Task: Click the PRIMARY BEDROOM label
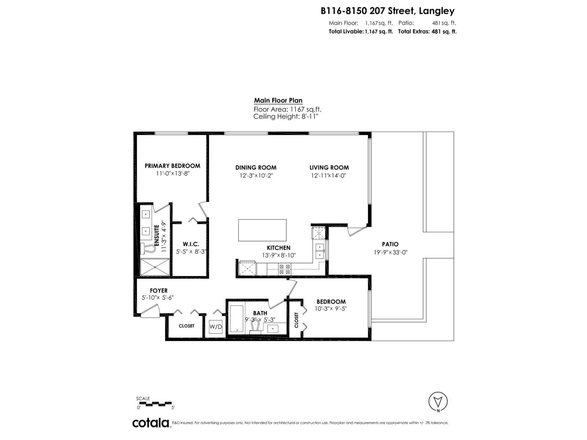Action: (172, 166)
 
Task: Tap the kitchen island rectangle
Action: (262, 230)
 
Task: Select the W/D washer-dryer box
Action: (216, 327)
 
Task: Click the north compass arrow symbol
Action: (438, 401)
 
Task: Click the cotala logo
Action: (150, 423)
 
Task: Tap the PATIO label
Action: (390, 244)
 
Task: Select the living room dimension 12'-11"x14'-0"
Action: (329, 176)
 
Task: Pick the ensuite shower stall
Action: (155, 267)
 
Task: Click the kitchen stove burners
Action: (285, 269)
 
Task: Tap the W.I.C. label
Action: (191, 244)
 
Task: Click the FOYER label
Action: (158, 290)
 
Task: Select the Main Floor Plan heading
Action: (278, 100)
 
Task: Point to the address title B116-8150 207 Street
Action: (387, 11)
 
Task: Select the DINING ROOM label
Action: (256, 168)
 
